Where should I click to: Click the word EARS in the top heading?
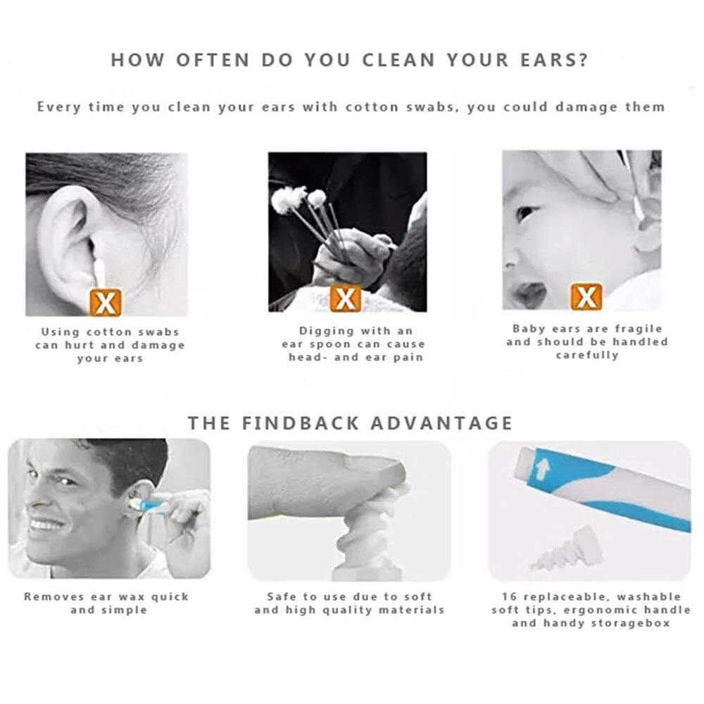tap(554, 60)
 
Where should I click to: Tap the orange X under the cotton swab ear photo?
tap(106, 302)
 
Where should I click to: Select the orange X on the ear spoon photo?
tap(345, 298)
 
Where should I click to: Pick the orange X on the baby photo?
tap(586, 297)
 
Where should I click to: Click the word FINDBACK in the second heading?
tap(301, 423)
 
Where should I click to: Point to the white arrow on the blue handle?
tap(543, 469)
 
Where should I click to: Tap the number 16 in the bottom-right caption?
tap(510, 597)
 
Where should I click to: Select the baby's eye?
tap(525, 213)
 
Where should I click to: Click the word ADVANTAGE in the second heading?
tap(442, 423)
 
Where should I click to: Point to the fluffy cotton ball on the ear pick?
tap(286, 199)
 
